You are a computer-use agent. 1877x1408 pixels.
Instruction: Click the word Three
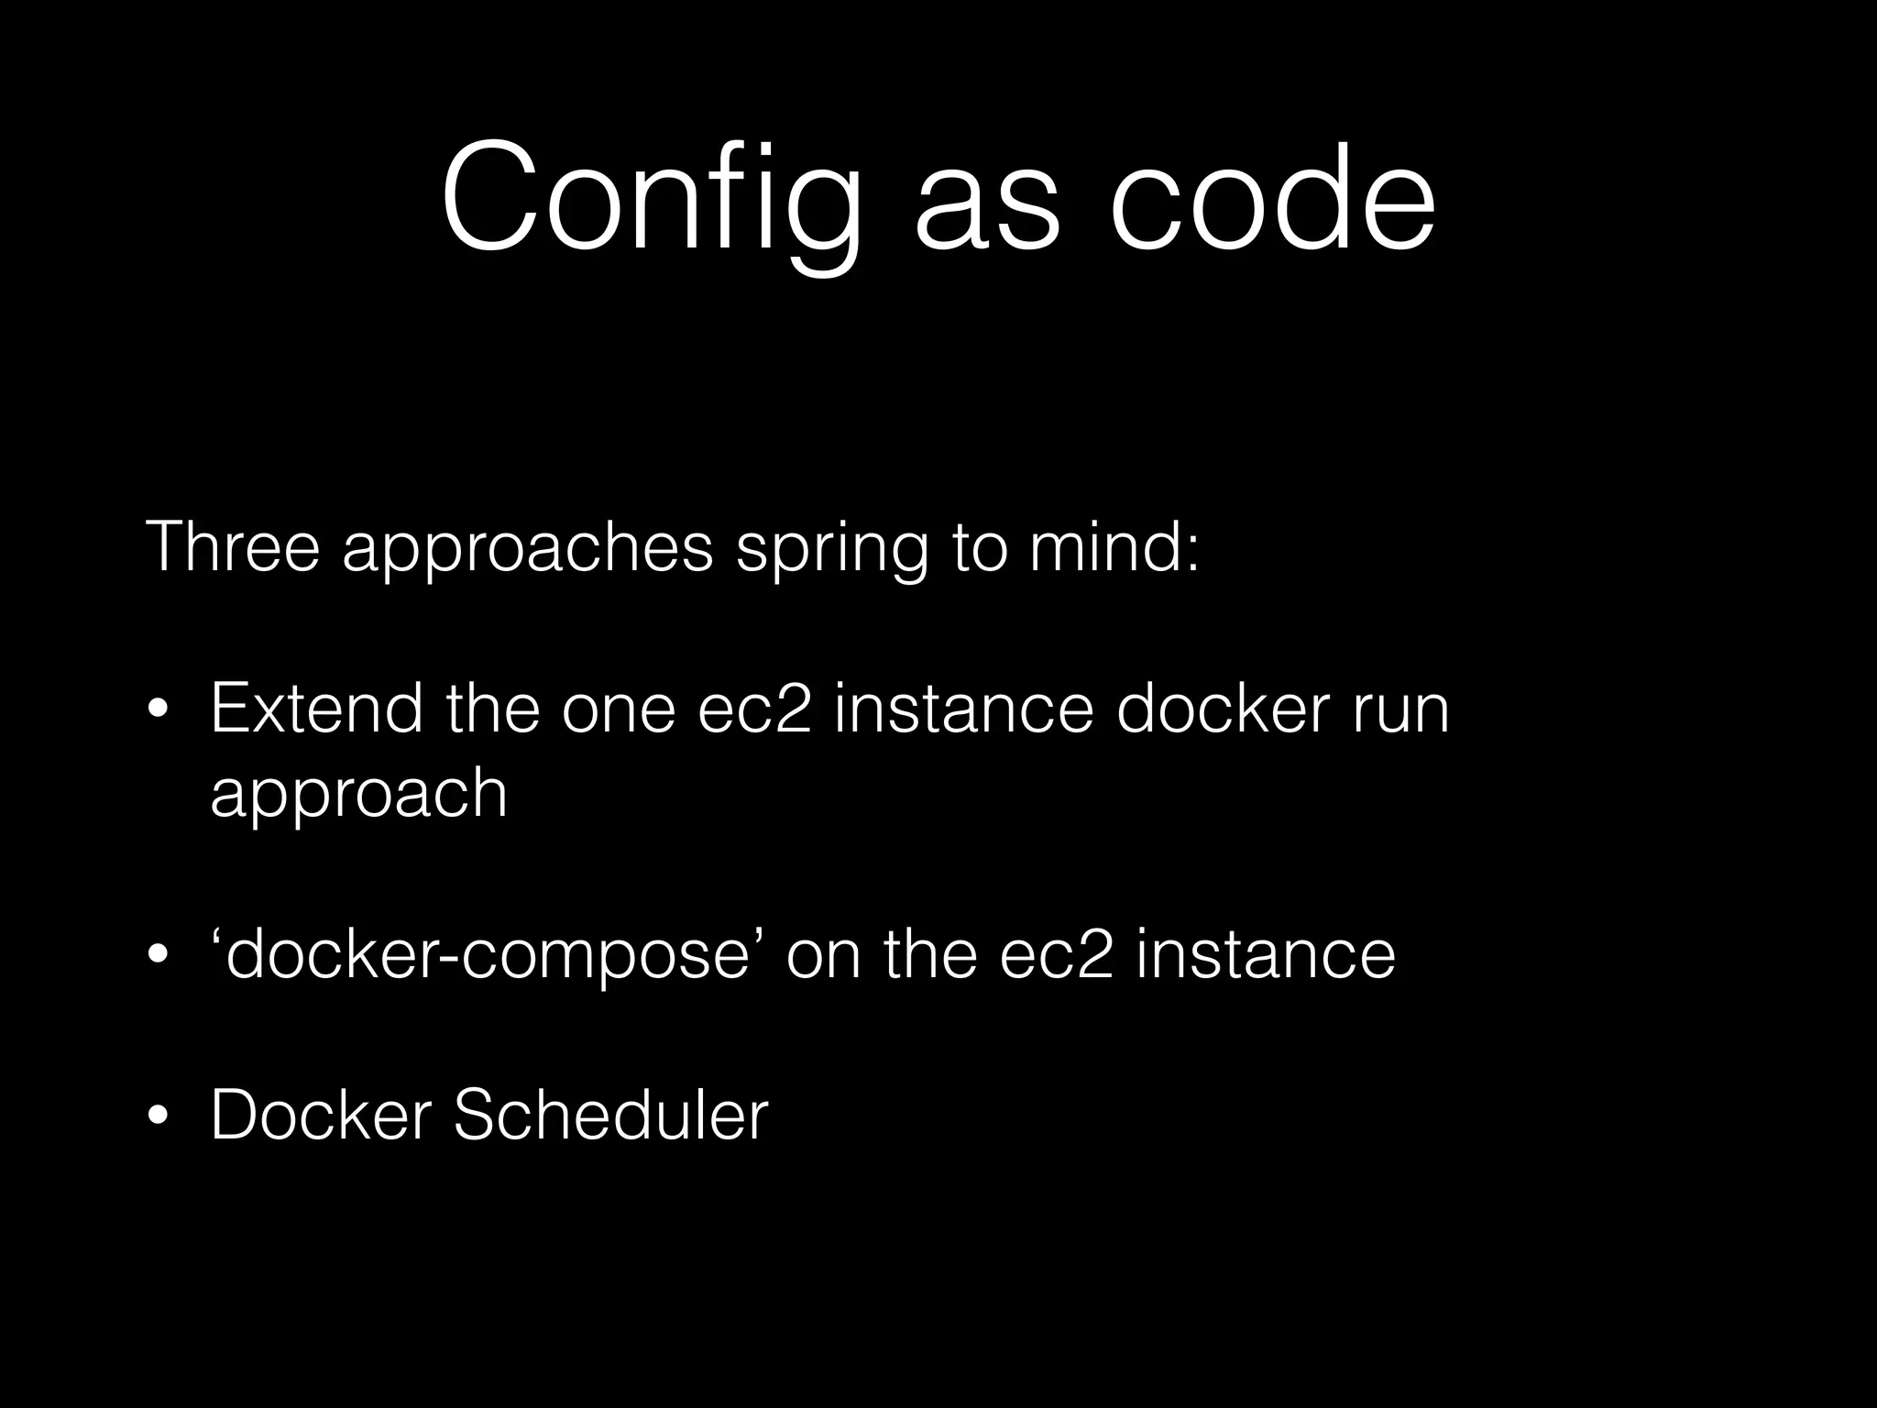233,547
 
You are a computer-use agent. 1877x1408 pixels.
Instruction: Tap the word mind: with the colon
1114,547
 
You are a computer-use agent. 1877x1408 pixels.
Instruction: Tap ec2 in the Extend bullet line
754,710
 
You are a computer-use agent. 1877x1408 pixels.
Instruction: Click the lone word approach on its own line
358,794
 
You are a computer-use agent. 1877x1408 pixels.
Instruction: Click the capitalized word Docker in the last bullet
320,1116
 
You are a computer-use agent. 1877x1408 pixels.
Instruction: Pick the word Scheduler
610,1116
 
